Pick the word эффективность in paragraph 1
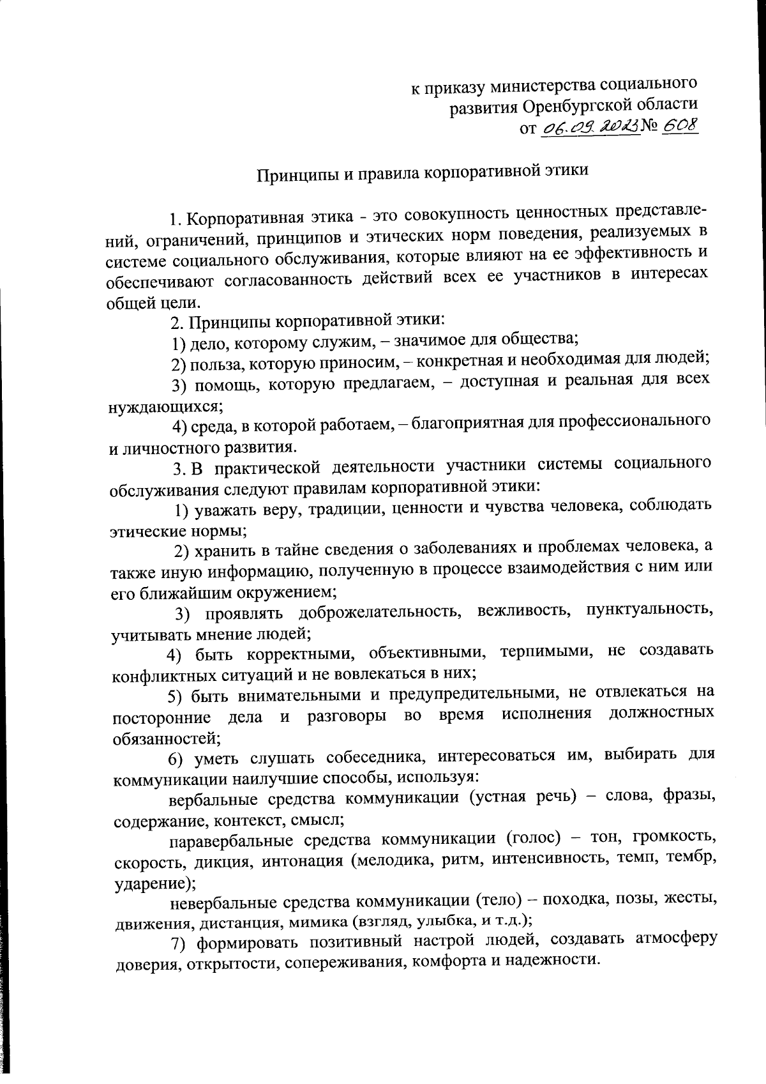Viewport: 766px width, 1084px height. click(634, 253)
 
